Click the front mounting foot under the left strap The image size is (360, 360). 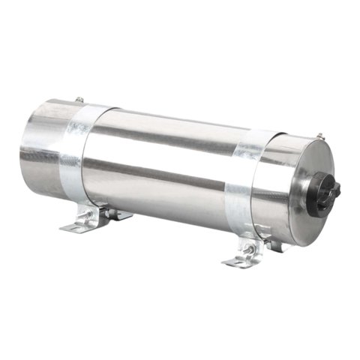point(81,223)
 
